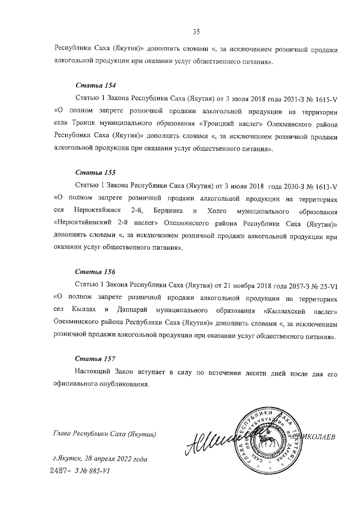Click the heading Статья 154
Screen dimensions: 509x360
(x=96, y=86)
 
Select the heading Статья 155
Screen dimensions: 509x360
(x=96, y=173)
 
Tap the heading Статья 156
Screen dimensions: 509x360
(x=96, y=271)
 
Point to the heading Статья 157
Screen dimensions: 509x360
(x=96, y=358)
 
